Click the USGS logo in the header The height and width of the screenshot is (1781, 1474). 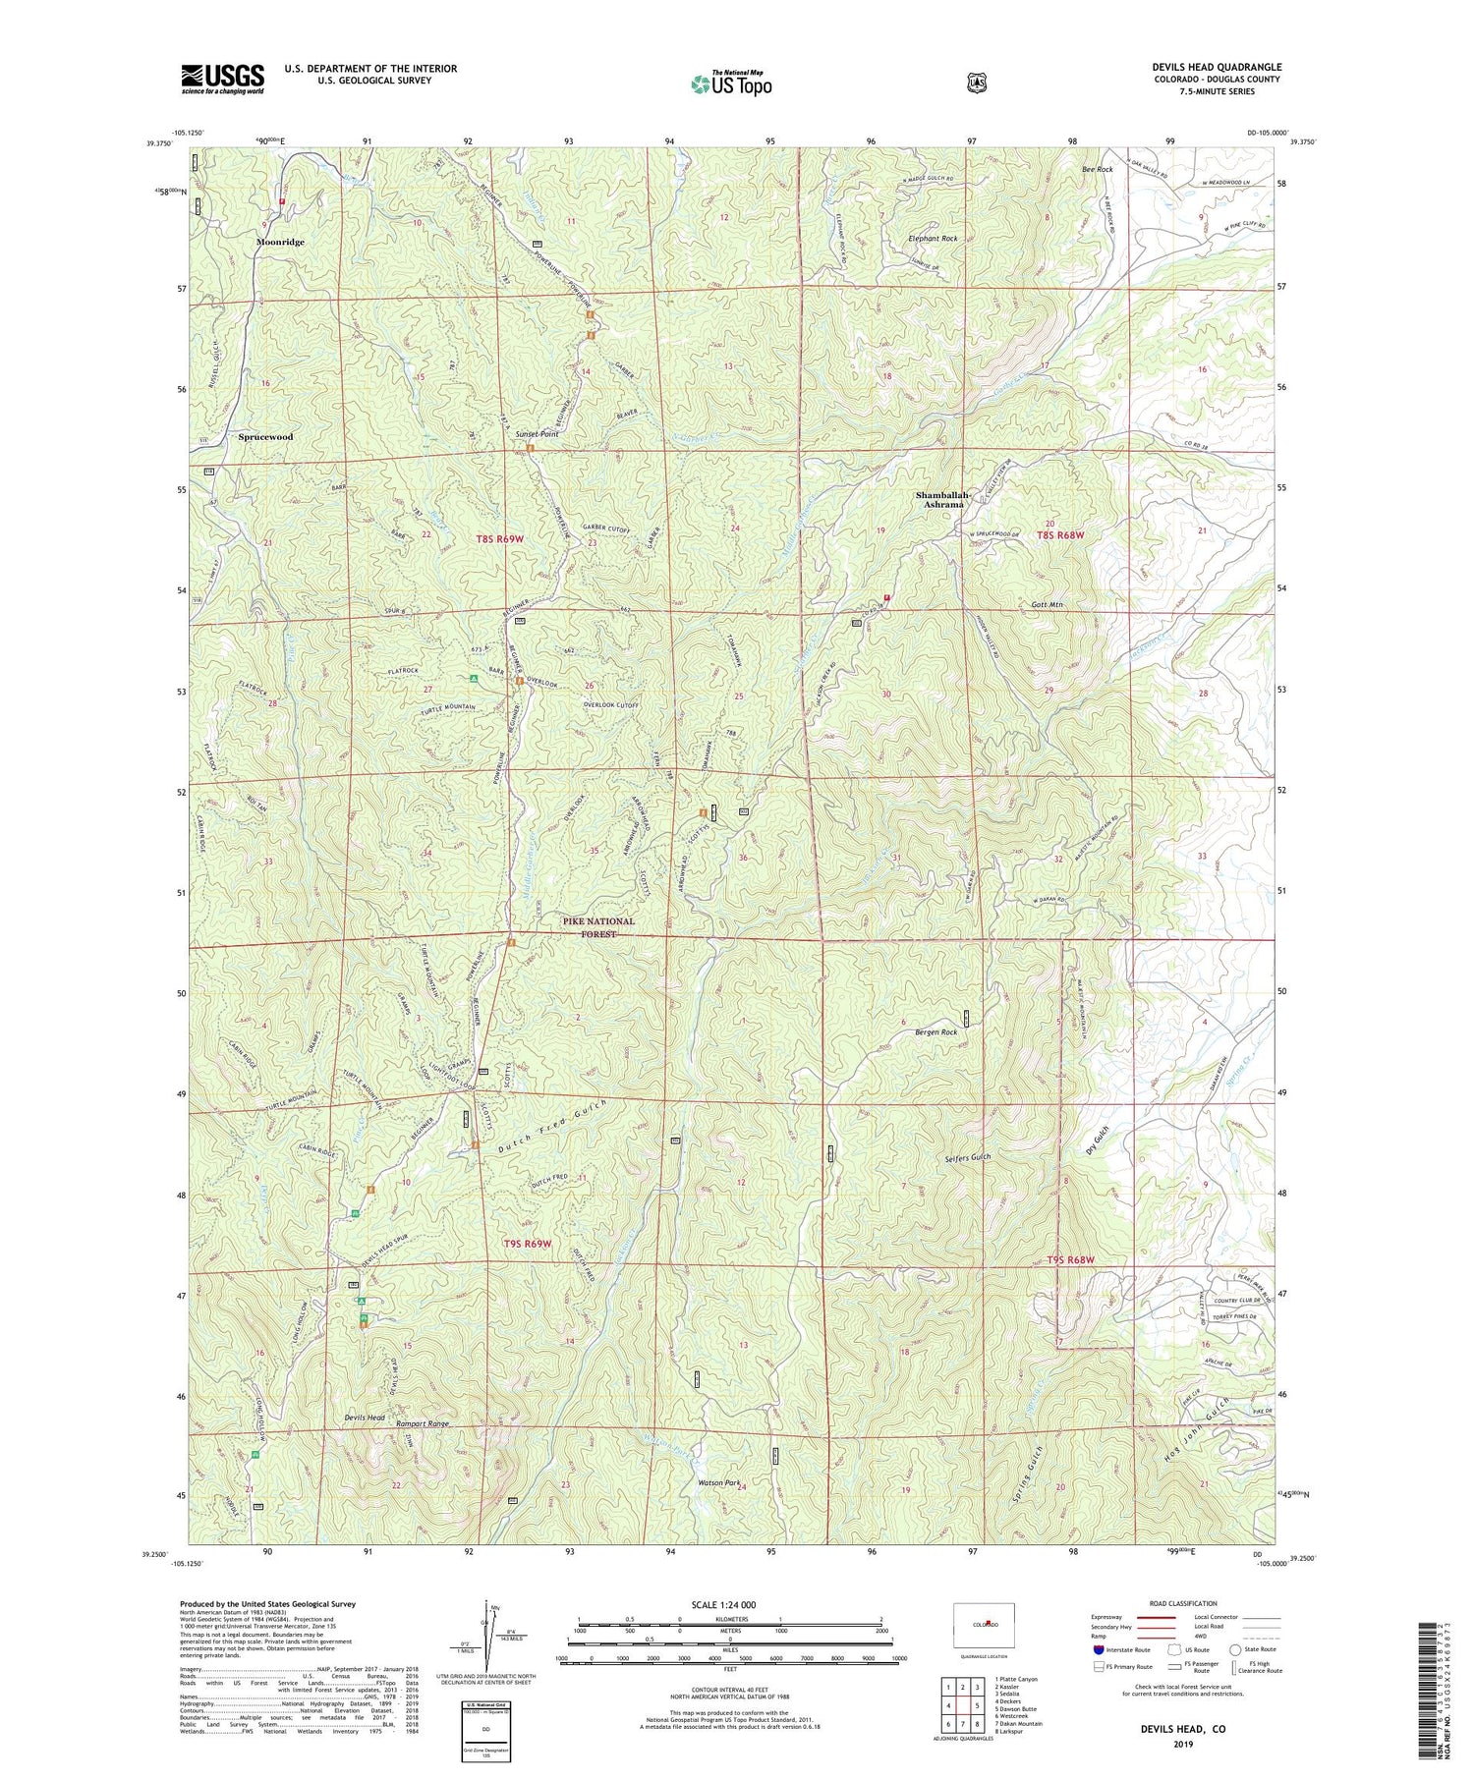click(x=222, y=78)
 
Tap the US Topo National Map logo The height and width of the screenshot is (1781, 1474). click(x=731, y=83)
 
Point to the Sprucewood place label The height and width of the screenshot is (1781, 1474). click(x=265, y=436)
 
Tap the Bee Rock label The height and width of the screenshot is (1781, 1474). click(x=1097, y=170)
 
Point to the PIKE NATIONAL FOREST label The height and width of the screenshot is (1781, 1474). click(x=597, y=927)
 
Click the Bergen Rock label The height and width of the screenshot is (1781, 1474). click(x=935, y=1032)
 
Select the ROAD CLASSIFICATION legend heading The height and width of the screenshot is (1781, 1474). click(x=1174, y=1603)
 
